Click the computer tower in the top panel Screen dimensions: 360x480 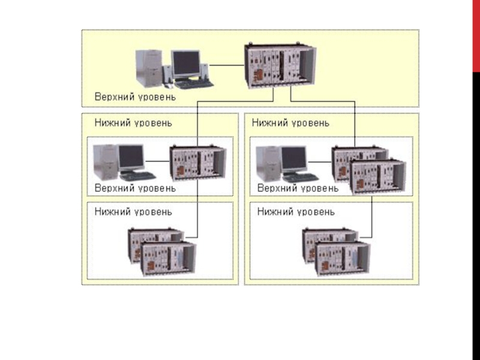tap(149, 68)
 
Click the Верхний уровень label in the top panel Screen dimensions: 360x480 tap(134, 97)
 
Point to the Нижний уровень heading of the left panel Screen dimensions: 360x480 tap(133, 123)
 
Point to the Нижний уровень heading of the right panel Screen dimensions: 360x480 tap(290, 123)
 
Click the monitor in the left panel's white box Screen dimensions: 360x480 tap(131, 157)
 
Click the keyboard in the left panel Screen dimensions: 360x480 tap(138, 176)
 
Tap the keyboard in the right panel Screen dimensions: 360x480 tap(300, 177)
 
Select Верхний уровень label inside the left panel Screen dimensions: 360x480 tap(135, 188)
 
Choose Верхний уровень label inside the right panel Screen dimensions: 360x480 tap(298, 188)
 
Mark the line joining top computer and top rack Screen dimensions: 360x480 tap(227, 64)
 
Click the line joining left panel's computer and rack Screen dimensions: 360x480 tap(157, 161)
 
